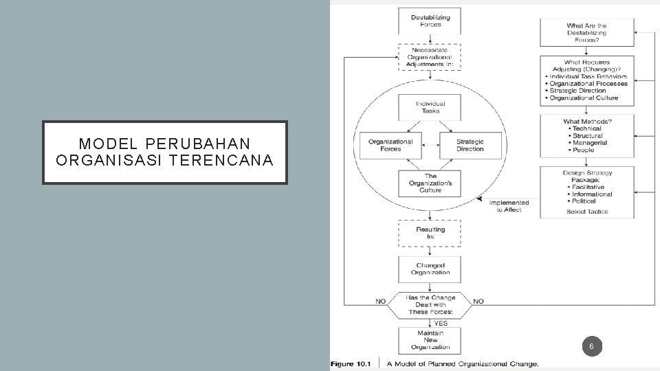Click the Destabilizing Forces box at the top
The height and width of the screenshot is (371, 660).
tap(430, 21)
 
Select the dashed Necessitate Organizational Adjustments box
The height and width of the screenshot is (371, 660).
tap(430, 57)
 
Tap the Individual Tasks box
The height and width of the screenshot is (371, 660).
tap(430, 107)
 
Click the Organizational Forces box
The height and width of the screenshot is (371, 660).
tap(390, 145)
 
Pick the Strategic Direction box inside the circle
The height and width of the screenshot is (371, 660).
tap(470, 145)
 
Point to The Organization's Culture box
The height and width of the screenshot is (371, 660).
tap(430, 183)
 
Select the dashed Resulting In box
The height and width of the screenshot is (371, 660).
tap(430, 233)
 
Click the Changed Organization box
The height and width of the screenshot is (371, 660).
tap(430, 269)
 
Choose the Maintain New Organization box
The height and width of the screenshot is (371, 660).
tap(430, 340)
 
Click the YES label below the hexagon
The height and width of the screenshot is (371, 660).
tap(441, 323)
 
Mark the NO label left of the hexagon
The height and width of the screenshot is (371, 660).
tap(380, 301)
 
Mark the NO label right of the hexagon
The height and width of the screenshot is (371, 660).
tap(478, 301)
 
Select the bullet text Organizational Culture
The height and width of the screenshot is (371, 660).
tap(584, 98)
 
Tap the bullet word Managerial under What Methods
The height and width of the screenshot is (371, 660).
tap(589, 143)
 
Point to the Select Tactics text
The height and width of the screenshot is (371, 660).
tap(587, 212)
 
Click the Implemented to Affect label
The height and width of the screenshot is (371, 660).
tap(509, 206)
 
